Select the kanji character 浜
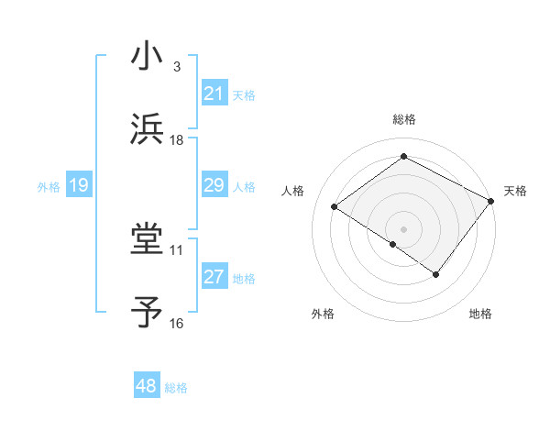(147, 128)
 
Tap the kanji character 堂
(147, 239)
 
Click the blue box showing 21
(214, 94)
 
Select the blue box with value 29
(214, 185)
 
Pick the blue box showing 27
(214, 277)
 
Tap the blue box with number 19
(78, 185)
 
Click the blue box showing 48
(146, 386)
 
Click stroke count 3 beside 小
(176, 67)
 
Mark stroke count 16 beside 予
(176, 324)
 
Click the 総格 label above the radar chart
(403, 120)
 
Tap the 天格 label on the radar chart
(515, 191)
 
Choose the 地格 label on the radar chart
(480, 314)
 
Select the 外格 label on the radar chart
(323, 314)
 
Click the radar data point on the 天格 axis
(490, 201)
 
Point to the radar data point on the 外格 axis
(393, 244)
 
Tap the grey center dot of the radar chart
(403, 228)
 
